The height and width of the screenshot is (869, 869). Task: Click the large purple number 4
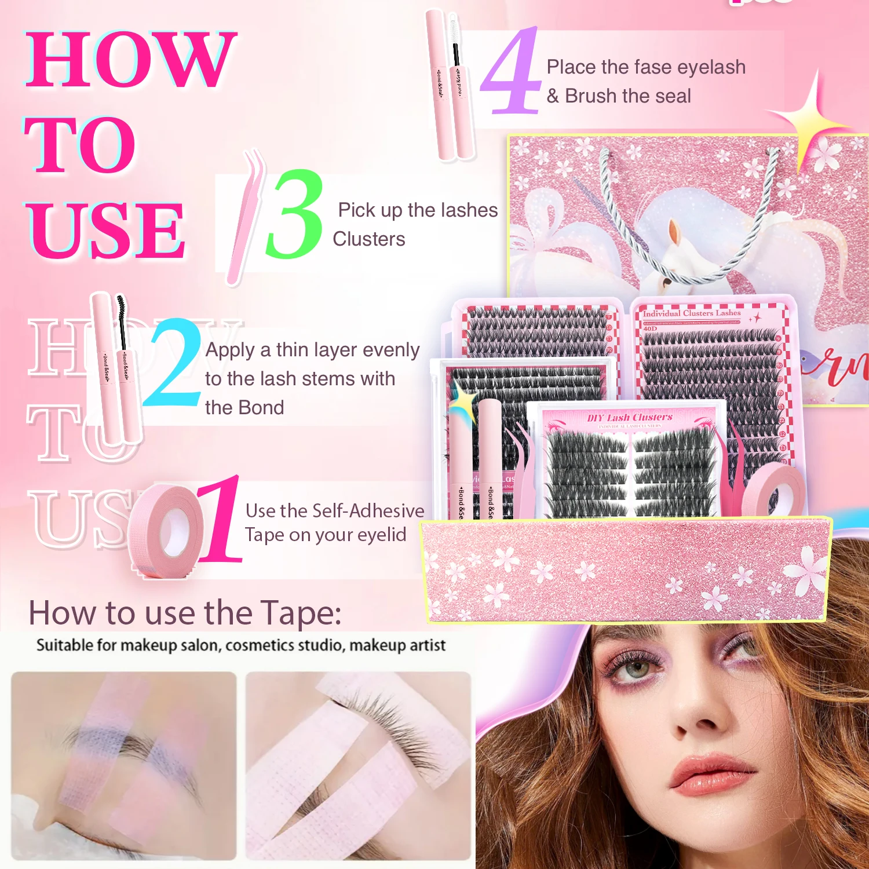(510, 72)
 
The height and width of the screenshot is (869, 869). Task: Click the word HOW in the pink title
(130, 60)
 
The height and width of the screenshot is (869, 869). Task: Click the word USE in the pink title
(107, 230)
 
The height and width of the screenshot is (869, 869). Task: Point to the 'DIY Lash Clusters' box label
(629, 418)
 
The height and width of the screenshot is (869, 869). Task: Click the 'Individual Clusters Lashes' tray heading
(692, 313)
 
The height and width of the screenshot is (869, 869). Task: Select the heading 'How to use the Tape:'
(185, 613)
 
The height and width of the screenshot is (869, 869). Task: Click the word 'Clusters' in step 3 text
(369, 239)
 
